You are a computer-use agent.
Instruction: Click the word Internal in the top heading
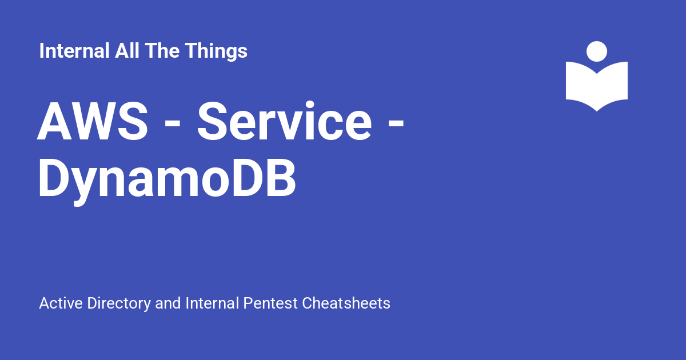74,50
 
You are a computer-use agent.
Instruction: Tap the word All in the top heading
127,50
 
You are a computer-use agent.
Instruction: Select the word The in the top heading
162,50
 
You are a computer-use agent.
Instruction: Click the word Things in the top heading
216,51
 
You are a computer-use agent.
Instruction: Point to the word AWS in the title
93,122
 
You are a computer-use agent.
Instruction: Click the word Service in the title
285,121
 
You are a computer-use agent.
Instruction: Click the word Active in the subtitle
61,303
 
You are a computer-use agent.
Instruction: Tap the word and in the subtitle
168,303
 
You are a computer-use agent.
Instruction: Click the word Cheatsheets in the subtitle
346,303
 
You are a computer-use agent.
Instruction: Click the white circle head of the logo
597,51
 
